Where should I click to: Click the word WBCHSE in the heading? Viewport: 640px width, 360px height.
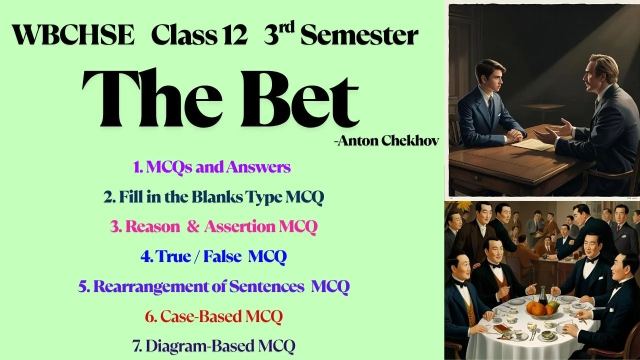73,35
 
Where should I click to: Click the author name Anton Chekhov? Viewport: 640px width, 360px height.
387,141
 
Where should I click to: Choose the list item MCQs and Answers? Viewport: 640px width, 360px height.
212,167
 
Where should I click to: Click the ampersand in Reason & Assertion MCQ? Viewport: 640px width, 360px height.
193,226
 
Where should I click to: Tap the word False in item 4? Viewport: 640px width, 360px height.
222,256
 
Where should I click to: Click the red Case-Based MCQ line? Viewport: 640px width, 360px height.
213,316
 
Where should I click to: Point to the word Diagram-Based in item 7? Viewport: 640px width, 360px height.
199,346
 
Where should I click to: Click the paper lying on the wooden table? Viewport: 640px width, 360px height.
532,144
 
